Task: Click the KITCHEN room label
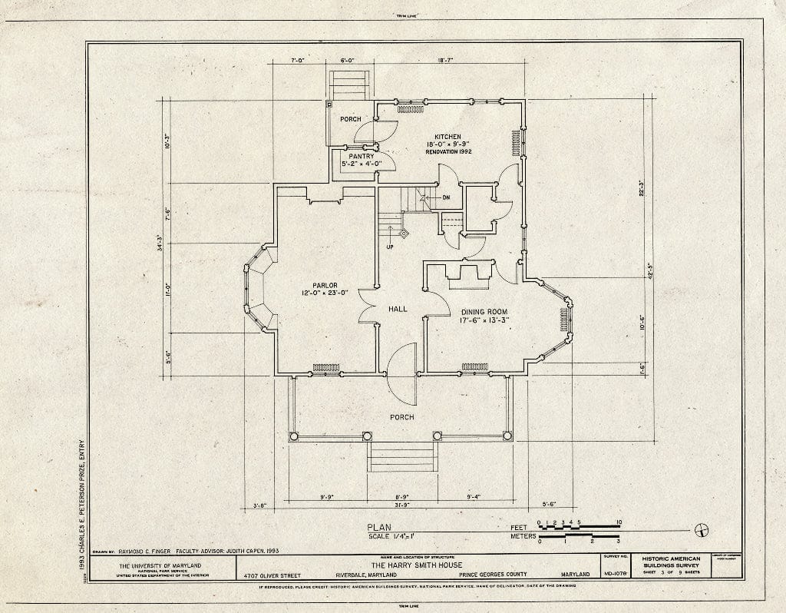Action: [x=447, y=137]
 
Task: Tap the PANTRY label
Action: [x=361, y=156]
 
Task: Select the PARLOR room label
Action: [x=325, y=285]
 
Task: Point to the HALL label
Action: [x=398, y=309]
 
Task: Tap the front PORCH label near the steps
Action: [x=401, y=417]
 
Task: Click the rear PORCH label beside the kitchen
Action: [x=351, y=119]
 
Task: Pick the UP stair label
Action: [x=389, y=247]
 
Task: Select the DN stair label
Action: [x=446, y=198]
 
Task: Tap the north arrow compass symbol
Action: [x=701, y=529]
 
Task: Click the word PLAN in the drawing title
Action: [x=379, y=528]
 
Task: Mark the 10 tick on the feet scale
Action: [x=619, y=522]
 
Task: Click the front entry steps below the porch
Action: [x=401, y=456]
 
